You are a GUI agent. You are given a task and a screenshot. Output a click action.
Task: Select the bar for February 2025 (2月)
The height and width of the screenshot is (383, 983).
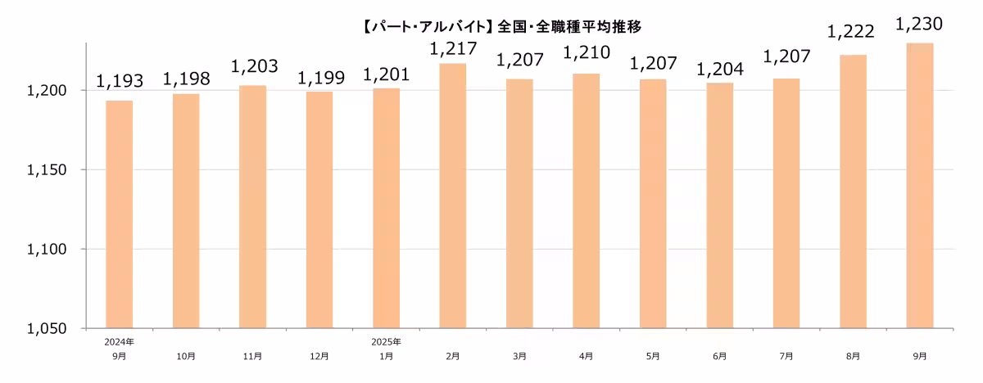(x=453, y=196)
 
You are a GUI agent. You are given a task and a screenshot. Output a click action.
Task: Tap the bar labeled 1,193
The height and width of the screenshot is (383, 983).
(x=120, y=214)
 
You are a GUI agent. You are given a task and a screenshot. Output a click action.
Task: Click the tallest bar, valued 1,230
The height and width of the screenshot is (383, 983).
(x=920, y=186)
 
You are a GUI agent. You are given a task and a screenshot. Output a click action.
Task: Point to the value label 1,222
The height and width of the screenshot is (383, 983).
(x=851, y=32)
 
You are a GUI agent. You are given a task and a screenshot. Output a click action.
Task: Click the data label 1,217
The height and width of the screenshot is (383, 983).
(x=453, y=49)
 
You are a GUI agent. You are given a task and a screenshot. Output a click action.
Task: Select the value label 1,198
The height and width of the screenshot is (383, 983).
(x=186, y=79)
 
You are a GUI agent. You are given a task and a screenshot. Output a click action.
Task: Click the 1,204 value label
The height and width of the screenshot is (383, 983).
(x=720, y=70)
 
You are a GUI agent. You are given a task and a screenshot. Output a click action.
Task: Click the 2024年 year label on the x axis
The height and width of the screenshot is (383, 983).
(x=120, y=340)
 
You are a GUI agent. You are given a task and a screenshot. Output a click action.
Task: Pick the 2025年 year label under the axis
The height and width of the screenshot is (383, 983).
(x=386, y=340)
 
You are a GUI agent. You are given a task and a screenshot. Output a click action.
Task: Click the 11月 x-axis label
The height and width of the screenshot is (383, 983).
(x=253, y=356)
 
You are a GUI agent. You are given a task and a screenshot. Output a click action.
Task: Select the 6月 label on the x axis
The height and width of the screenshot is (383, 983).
(x=720, y=356)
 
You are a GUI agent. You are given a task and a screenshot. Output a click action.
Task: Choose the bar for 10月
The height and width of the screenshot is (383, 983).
(x=186, y=211)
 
